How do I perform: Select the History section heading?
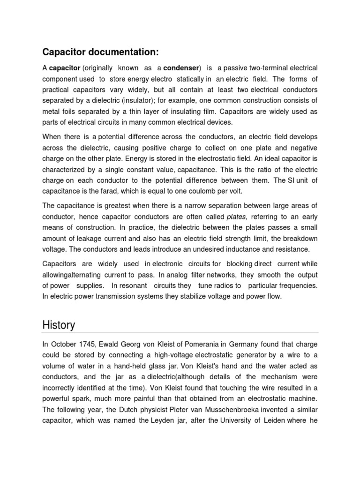pos(59,324)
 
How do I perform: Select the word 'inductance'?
pos(243,249)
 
